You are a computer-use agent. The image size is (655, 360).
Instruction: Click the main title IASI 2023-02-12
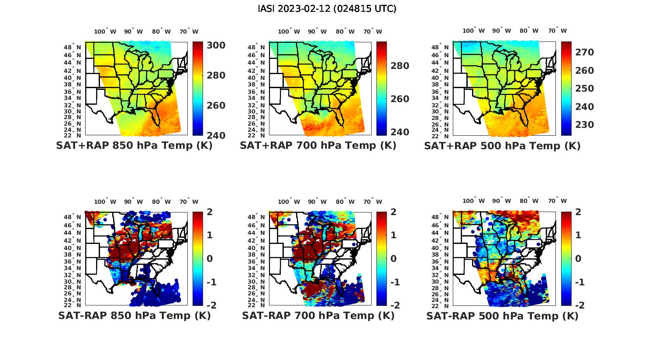[x=327, y=9]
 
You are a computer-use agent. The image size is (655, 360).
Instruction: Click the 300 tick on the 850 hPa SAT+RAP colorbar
[x=216, y=45]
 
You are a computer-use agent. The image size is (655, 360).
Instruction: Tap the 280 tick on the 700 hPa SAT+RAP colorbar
[x=400, y=66]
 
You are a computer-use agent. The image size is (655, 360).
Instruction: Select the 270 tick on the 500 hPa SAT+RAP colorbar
[x=584, y=52]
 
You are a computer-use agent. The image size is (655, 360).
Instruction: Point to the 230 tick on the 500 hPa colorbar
[x=584, y=125]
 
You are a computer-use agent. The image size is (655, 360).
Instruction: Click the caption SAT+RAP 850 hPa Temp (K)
[x=134, y=146]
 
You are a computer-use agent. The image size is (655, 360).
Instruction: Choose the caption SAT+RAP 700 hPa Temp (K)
[x=318, y=146]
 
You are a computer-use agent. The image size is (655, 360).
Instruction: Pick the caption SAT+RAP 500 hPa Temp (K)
[x=502, y=146]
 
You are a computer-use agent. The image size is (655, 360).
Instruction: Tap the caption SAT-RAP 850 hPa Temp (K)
[x=134, y=315]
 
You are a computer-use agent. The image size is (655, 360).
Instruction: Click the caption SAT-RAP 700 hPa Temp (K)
[x=318, y=315]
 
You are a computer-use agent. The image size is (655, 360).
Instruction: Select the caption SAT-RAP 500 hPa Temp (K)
[x=502, y=316]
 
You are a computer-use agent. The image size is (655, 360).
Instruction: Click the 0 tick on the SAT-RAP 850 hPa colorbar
[x=210, y=258]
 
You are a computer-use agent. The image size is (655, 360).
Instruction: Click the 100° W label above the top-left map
[x=105, y=31]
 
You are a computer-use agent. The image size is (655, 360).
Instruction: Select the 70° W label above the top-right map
[x=557, y=31]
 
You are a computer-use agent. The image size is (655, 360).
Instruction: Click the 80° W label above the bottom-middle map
[x=345, y=202]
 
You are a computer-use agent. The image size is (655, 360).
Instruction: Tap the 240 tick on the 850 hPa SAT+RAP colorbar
[x=216, y=135]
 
